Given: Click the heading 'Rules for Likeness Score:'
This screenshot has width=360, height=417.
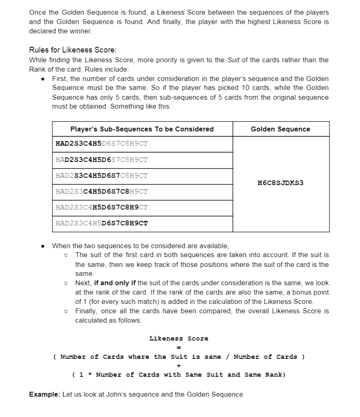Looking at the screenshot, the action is [x=73, y=50].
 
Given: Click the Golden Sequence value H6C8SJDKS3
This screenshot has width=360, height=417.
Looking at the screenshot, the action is [x=281, y=183].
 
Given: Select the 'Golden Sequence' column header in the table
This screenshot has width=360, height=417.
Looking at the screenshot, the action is [x=280, y=129].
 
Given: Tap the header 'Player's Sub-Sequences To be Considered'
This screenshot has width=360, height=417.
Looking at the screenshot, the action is [x=142, y=129].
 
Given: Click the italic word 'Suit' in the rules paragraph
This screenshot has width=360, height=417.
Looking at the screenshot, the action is [x=233, y=60].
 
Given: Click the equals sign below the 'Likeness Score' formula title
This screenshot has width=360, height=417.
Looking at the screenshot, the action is [x=179, y=347].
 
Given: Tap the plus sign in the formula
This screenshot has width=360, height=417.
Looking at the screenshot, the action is [x=179, y=366].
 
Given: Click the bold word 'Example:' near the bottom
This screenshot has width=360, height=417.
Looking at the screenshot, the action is [x=45, y=394].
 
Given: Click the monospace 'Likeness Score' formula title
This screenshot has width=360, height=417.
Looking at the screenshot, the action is [x=179, y=338].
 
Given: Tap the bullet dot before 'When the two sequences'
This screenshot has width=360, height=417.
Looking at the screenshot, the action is [x=43, y=246].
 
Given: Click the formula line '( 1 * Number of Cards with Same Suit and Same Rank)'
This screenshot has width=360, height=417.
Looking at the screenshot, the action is [x=179, y=375].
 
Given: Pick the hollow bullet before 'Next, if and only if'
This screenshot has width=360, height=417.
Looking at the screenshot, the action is [x=66, y=283].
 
